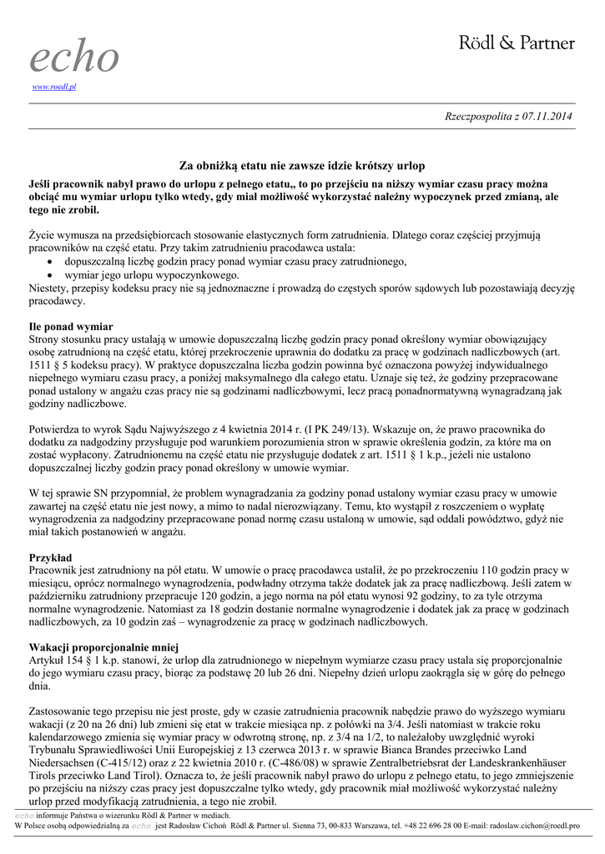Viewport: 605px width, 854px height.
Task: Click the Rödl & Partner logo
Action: point(517,43)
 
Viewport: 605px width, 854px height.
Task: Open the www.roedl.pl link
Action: point(54,87)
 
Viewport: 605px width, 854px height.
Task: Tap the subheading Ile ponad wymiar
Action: point(71,326)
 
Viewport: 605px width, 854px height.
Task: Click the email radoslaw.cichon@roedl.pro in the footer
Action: point(533,825)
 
